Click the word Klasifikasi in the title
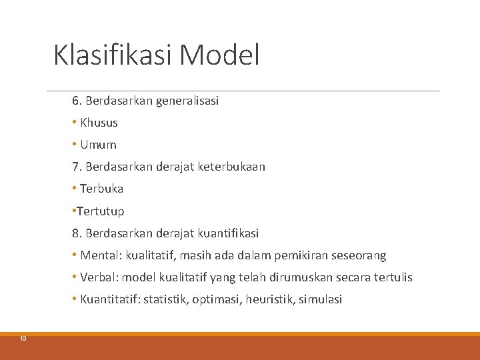click(x=113, y=55)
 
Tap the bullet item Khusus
click(x=99, y=123)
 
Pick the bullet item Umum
click(x=98, y=145)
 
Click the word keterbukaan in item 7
click(x=232, y=167)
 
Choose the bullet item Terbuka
click(x=101, y=189)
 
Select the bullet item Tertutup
click(x=101, y=211)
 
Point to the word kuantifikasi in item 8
click(x=226, y=233)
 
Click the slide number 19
click(x=23, y=339)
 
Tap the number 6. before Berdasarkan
click(x=77, y=101)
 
